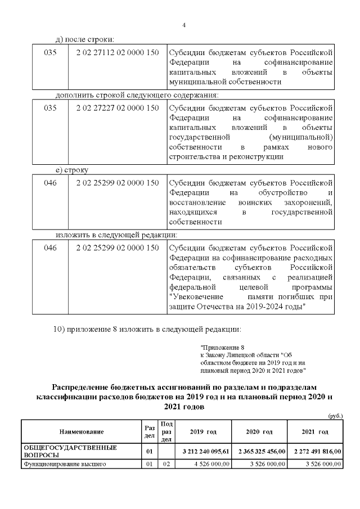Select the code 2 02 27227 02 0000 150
(x=117, y=107)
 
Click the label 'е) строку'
(x=71, y=169)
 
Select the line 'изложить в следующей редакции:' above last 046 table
(x=116, y=234)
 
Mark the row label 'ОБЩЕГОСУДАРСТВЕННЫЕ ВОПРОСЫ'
(x=70, y=451)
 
